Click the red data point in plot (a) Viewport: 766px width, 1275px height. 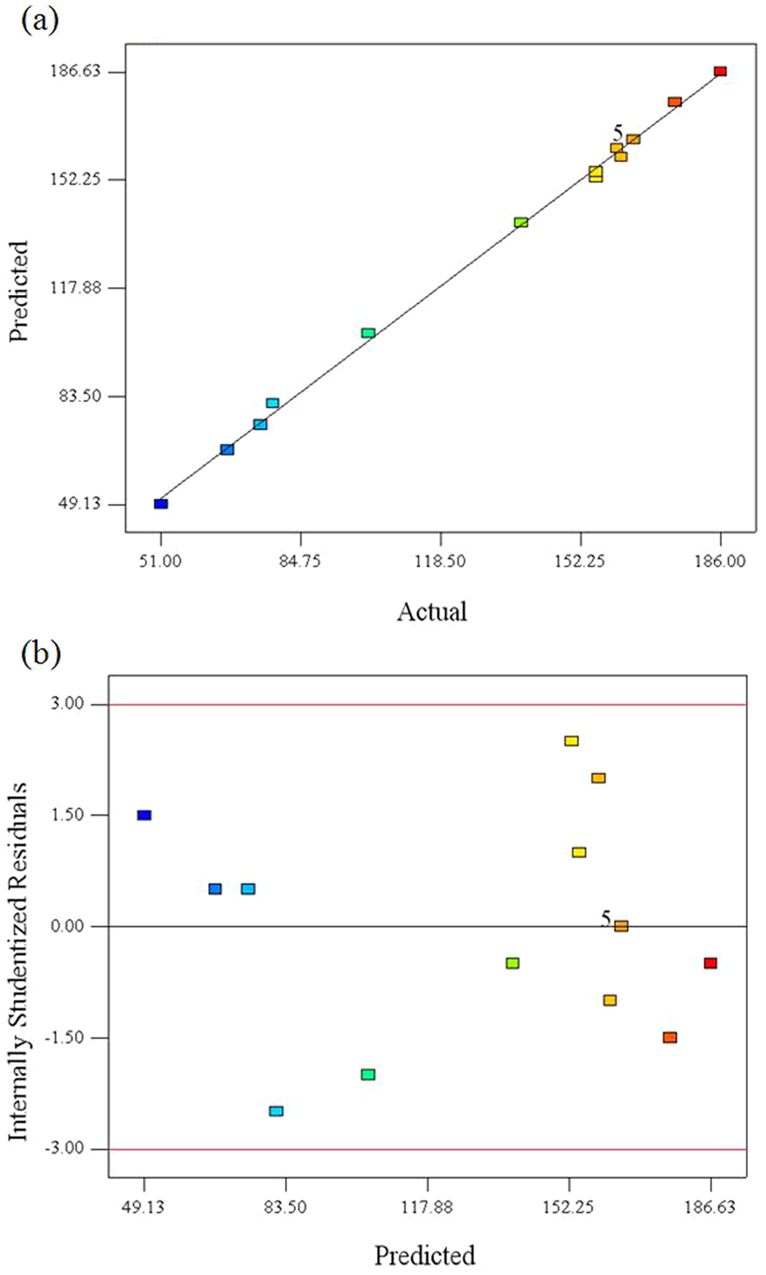point(720,71)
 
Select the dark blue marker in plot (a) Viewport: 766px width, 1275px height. point(161,504)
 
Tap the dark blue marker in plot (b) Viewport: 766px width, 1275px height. point(144,815)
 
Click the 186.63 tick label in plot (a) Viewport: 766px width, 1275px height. point(81,71)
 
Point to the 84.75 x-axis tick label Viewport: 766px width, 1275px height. point(301,561)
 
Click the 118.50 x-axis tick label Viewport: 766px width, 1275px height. point(441,561)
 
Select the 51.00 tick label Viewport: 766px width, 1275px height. point(161,561)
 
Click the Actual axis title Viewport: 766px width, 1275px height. point(432,612)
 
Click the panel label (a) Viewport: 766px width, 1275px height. point(40,22)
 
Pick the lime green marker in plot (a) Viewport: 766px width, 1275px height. point(521,222)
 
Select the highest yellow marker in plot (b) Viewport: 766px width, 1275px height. point(571,741)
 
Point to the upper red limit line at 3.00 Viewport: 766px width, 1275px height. point(428,705)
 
